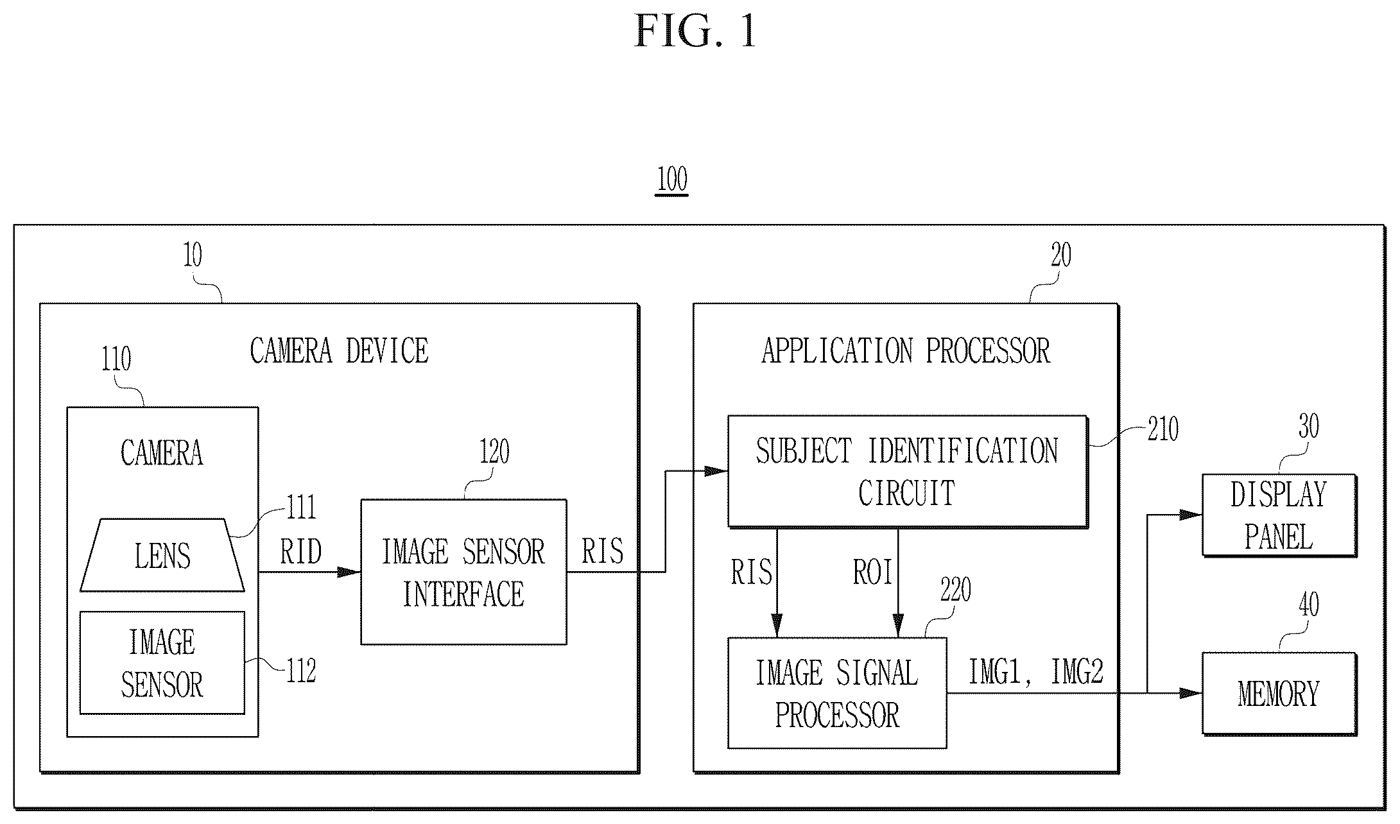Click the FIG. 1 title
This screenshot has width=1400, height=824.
pos(695,31)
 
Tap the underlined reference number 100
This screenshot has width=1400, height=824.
pos(672,180)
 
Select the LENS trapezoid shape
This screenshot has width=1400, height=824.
pos(162,555)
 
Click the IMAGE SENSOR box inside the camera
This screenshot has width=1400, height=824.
pos(162,662)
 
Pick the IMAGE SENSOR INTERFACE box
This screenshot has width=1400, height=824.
pos(463,572)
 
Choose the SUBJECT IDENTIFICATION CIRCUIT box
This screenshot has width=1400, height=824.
pos(908,472)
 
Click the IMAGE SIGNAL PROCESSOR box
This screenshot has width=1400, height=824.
pos(837,693)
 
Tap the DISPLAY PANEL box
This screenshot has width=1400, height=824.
pos(1279,515)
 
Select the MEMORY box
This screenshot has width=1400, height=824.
pos(1279,694)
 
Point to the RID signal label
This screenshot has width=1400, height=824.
pos(301,551)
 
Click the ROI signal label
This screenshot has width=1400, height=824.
pos(872,572)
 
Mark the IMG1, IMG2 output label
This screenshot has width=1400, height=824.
pos(1035,673)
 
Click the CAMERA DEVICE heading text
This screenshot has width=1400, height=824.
pos(339,351)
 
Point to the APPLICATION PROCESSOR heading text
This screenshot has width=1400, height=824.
pos(906,351)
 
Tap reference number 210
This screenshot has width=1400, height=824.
pos(1163,429)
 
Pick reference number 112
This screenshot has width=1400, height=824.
pos(301,671)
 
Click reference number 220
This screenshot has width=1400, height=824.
pos(956,590)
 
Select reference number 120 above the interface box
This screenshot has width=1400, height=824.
pos(494,452)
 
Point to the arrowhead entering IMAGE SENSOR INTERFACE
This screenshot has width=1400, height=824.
pos(349,572)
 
